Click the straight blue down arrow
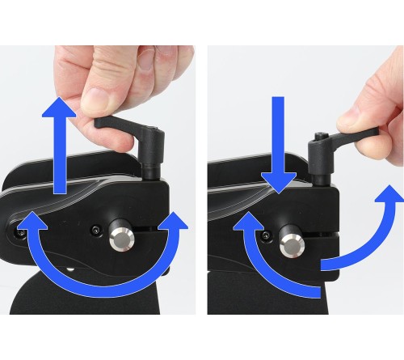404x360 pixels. tap(276, 138)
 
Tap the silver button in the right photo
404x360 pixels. tap(289, 240)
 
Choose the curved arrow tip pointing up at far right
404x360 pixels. tap(385, 199)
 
